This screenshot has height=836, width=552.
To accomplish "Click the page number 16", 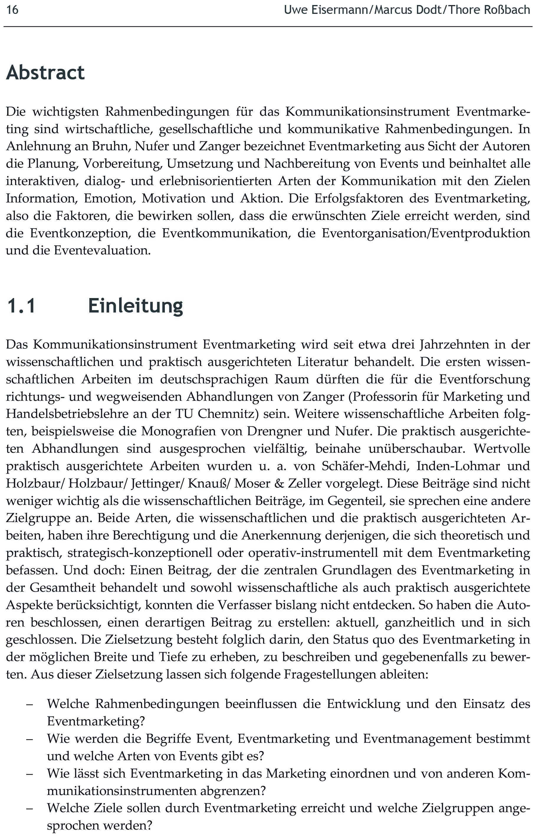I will [12, 9].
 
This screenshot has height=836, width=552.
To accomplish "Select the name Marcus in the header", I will [394, 9].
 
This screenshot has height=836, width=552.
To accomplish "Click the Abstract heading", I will [45, 73].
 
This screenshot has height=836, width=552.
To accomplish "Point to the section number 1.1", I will [21, 305].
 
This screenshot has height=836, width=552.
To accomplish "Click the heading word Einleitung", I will [136, 305].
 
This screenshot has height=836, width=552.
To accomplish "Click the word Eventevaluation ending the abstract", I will [102, 251].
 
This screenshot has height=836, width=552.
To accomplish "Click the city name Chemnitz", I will [226, 414].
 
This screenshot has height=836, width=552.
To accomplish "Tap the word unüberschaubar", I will [417, 449].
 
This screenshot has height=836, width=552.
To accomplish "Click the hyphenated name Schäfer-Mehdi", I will [365, 466].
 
